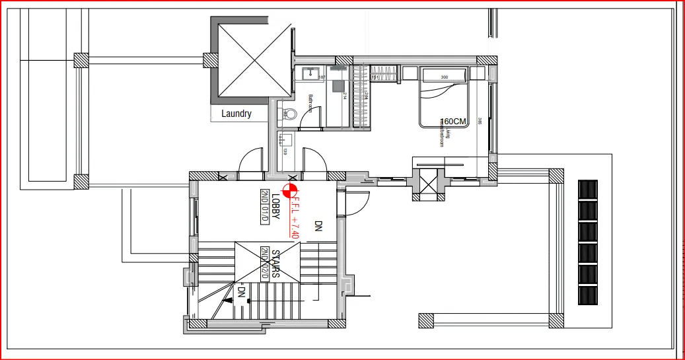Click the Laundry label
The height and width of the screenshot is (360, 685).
[236, 114]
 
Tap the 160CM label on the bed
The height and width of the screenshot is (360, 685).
[454, 121]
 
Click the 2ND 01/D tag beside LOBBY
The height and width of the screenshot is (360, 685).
[265, 207]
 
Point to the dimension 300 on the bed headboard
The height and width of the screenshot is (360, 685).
[444, 77]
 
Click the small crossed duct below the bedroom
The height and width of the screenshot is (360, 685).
[427, 181]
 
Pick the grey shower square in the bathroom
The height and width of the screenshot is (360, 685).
[338, 86]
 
